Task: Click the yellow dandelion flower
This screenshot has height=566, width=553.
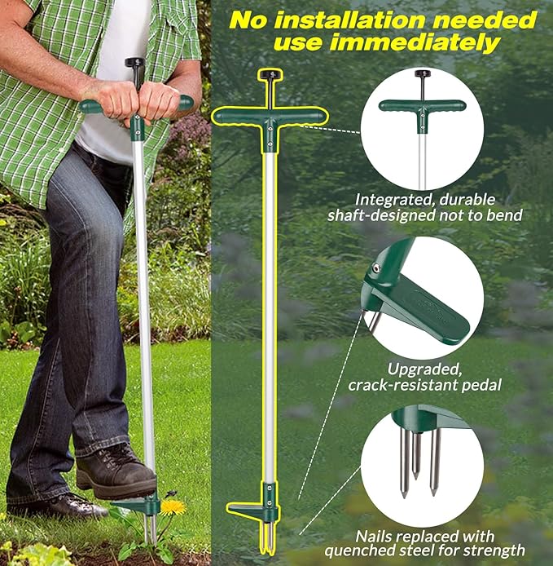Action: click(x=172, y=507)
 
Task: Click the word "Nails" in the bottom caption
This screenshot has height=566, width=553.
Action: click(x=372, y=537)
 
